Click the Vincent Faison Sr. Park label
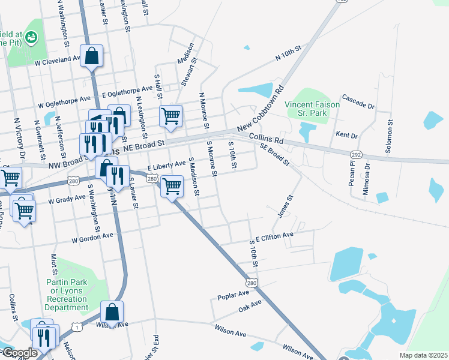coord(312,109)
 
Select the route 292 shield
coord(356,154)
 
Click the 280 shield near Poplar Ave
coord(252,282)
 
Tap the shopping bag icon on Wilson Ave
coord(112,313)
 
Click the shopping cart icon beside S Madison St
coord(172,186)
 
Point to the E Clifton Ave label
coord(274,236)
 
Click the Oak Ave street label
coord(250,306)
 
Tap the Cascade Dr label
coord(358,101)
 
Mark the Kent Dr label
coord(347,134)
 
